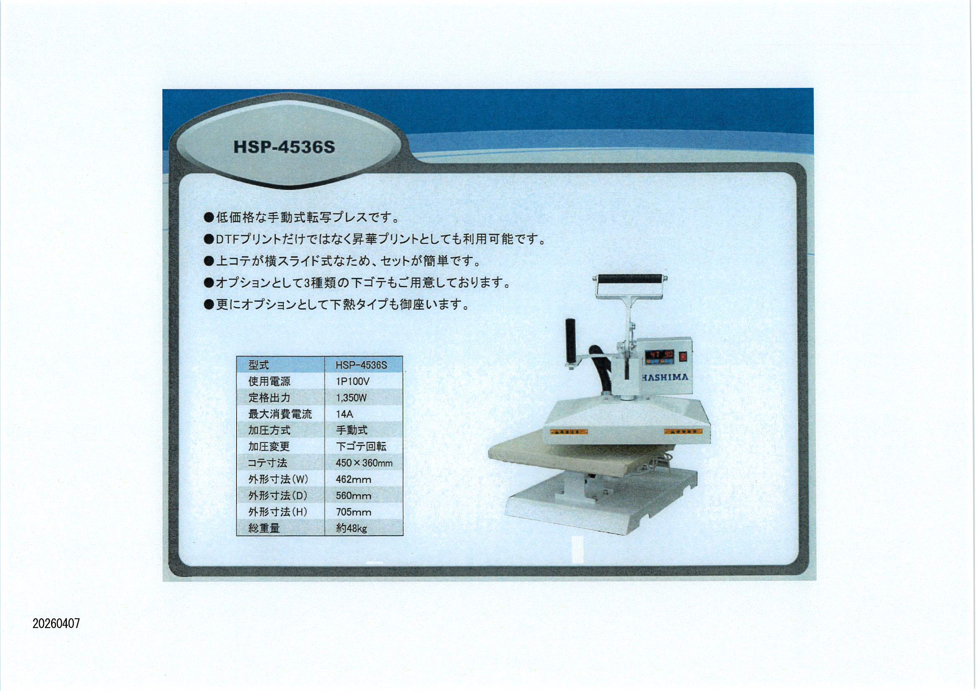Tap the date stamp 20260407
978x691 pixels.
[56, 624]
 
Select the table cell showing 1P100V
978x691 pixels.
[353, 382]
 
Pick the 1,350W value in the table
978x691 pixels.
[351, 398]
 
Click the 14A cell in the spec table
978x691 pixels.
[344, 414]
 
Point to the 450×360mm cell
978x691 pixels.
[364, 463]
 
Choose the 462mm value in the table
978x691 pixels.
[353, 479]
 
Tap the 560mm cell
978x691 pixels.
[353, 496]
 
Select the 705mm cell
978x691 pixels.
[353, 512]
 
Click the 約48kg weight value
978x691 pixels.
[351, 529]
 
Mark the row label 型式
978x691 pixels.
[258, 365]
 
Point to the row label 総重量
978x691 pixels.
[264, 529]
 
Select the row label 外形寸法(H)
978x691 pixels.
[278, 512]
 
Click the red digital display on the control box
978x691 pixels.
[661, 354]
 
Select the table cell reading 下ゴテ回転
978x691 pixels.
[361, 446]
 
